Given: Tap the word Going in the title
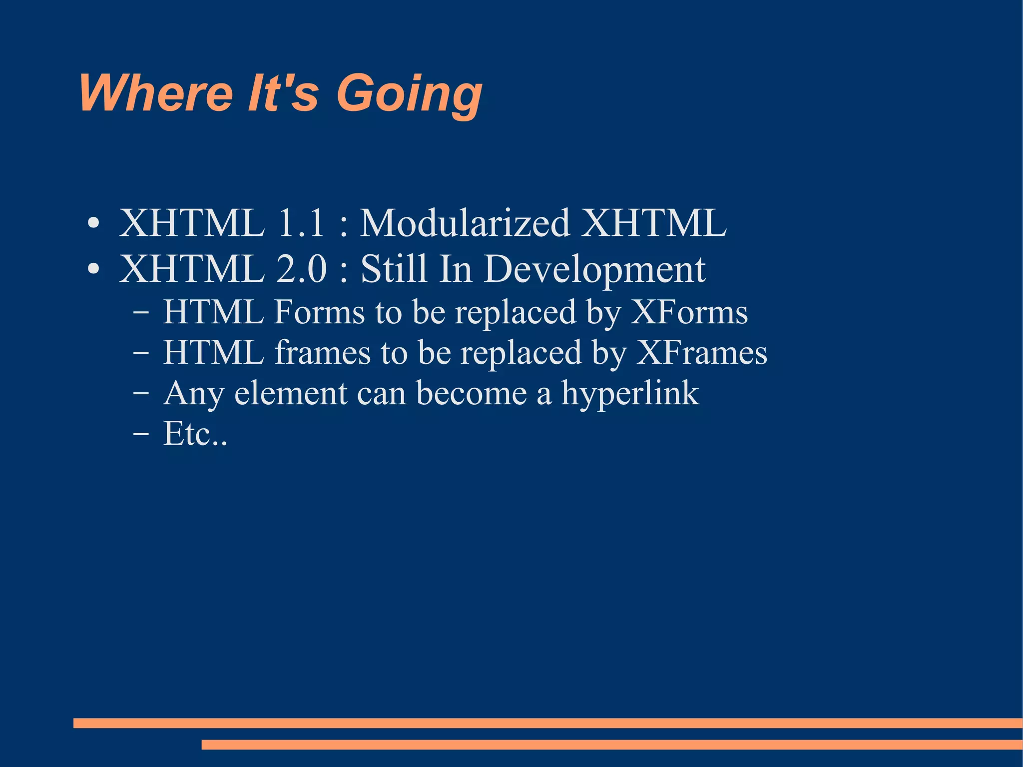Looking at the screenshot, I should tap(409, 95).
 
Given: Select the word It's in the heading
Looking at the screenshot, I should tap(283, 93).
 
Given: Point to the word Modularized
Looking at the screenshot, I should tap(465, 223).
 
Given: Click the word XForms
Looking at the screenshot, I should tap(689, 312).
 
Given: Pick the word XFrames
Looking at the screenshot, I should tap(701, 353).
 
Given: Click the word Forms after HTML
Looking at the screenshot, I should tap(320, 312).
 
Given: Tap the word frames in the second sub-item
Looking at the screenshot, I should tap(323, 353).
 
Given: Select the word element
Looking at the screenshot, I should tap(291, 394).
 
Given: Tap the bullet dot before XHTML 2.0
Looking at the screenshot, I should tap(93, 270).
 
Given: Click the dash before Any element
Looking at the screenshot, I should tap(141, 394).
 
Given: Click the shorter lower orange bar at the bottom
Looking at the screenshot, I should tap(611, 745).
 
